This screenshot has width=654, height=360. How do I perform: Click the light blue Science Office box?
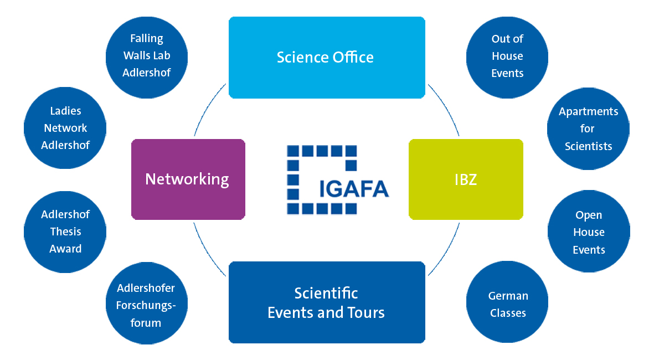327,58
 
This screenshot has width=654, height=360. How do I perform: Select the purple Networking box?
188,179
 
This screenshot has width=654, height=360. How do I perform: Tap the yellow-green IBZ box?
466,179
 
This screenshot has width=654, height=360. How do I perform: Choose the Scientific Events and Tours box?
327,302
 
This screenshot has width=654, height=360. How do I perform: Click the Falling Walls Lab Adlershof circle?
147,55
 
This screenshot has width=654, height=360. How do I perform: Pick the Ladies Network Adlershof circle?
65,128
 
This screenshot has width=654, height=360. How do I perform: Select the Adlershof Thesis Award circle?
65,232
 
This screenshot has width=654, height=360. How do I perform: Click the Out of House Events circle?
507,55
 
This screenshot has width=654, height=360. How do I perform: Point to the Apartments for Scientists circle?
588,129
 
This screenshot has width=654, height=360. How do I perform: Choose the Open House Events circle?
589,232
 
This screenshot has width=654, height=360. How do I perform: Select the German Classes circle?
508,304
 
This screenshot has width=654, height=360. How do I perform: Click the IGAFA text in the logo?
354,189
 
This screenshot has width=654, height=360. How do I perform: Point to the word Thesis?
66,232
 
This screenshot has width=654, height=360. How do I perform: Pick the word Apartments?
588,112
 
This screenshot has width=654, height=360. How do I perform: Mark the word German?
508,296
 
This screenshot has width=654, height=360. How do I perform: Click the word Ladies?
65,111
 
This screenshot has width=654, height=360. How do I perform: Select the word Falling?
147,38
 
